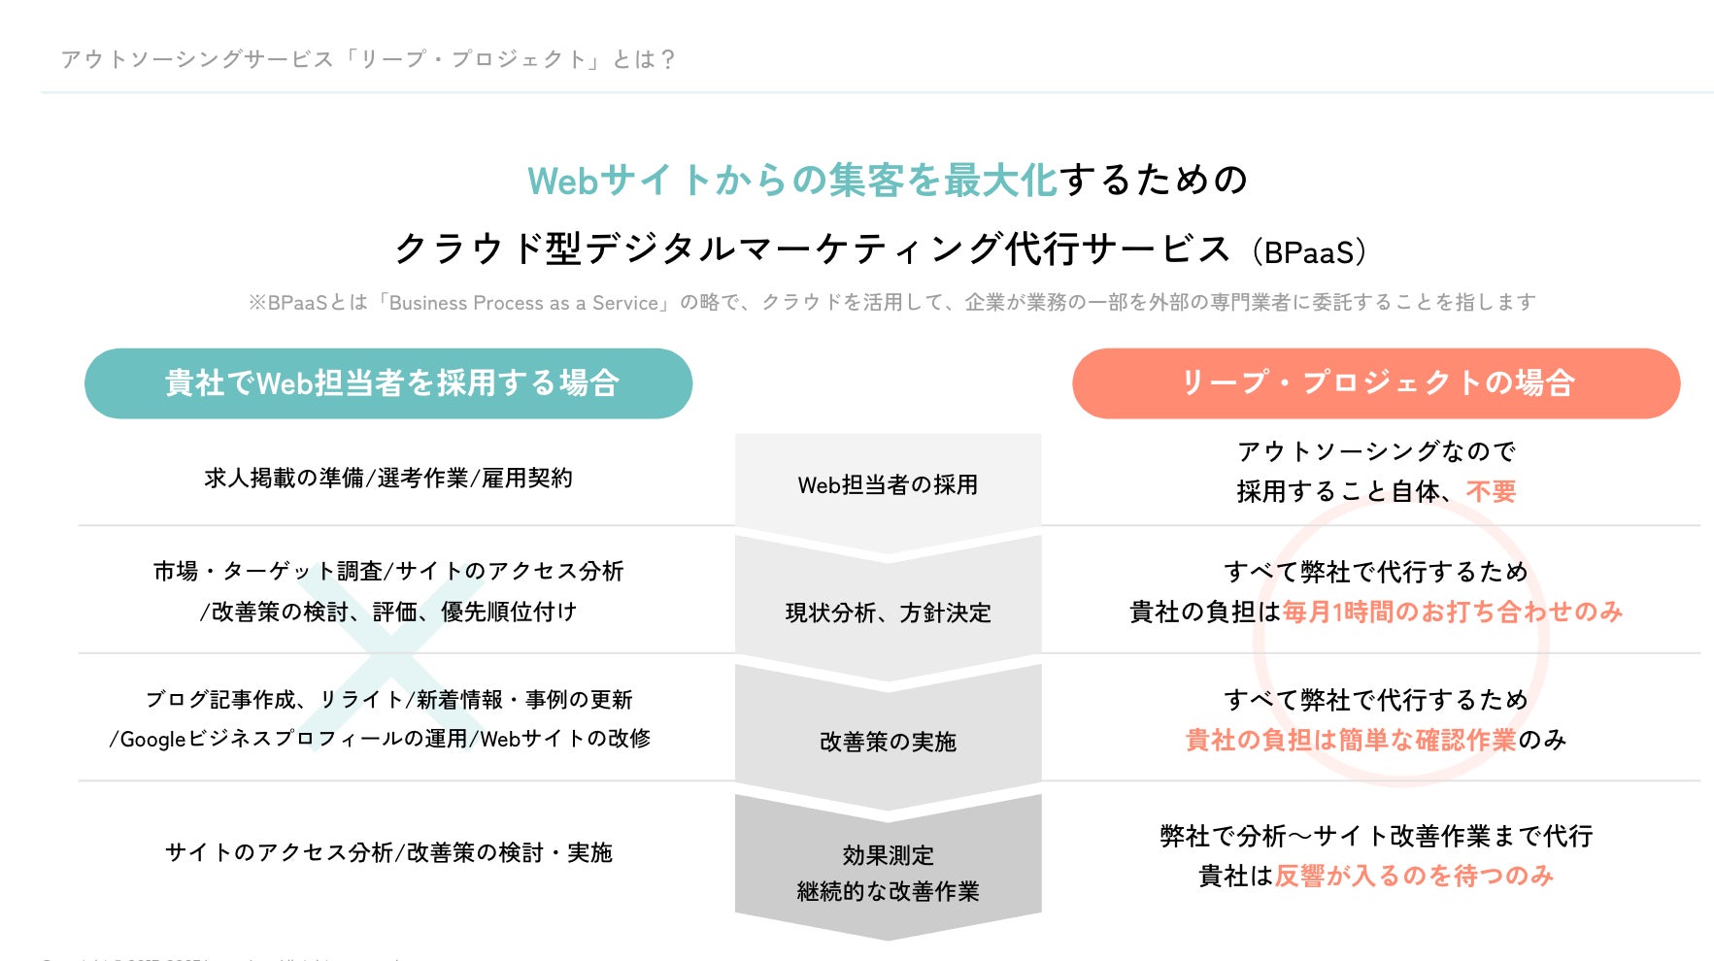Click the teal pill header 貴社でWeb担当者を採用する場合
[388, 383]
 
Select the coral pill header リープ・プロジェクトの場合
[1376, 383]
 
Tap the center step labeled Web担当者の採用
[888, 484]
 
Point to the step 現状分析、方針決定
[888, 613]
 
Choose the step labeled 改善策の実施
[888, 742]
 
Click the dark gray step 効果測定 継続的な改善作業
[888, 872]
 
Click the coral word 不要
[1491, 492]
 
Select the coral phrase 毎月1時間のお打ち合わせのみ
[1452, 612]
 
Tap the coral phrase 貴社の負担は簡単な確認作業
[1350, 741]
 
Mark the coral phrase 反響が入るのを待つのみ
[1414, 876]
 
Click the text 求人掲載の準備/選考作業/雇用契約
[388, 478]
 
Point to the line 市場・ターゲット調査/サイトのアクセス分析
[388, 571]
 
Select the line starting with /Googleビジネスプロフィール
[380, 739]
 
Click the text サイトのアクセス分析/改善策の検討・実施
[388, 852]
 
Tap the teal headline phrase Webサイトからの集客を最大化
[791, 181]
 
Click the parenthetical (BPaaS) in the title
[1308, 252]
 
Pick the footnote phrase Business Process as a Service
[523, 303]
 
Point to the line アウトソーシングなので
[1376, 451]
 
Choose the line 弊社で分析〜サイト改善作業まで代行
[1376, 836]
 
